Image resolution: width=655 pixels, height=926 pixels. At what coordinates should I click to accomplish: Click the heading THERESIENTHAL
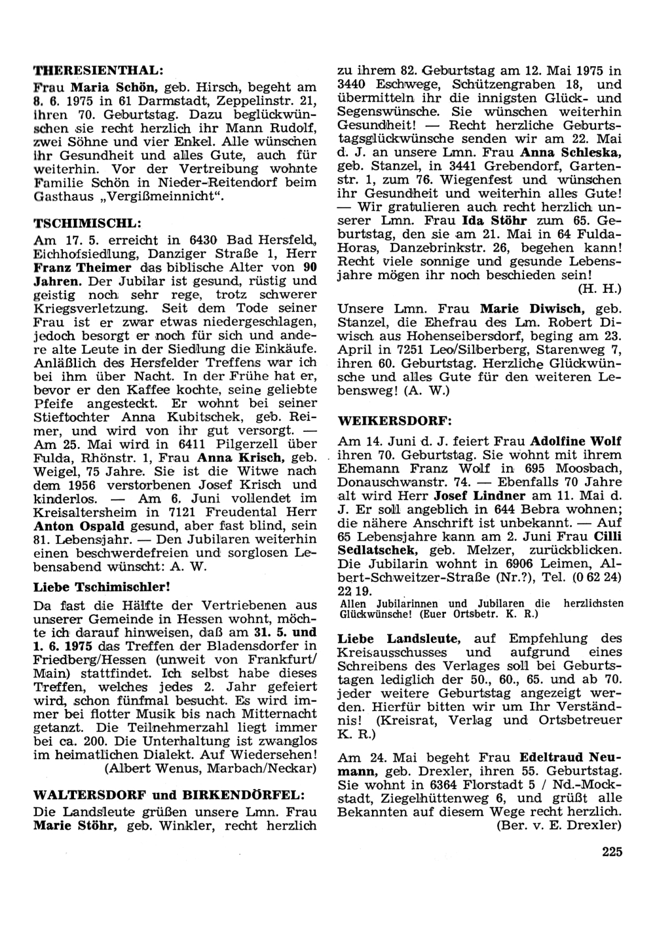coord(98,68)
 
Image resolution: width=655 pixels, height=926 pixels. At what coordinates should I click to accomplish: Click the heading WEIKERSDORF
coord(395,419)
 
